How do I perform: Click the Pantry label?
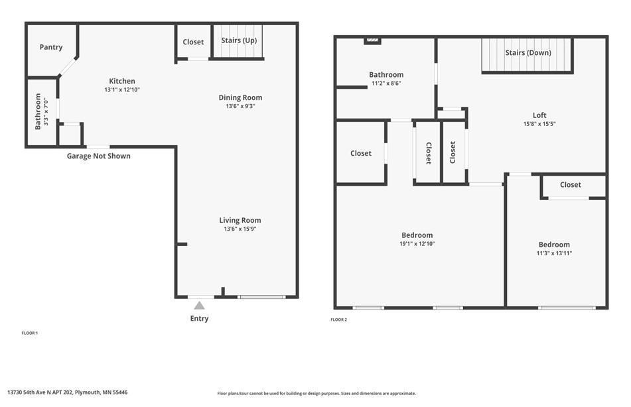(51, 47)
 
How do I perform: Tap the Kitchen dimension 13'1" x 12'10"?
(122, 89)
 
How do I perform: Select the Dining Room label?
(240, 97)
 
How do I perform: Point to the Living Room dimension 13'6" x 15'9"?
(240, 229)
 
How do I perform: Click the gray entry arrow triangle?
(199, 306)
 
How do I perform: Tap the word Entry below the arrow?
(199, 319)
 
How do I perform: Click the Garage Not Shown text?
(98, 156)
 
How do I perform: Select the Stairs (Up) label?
(239, 40)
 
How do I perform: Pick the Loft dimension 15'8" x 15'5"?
(539, 124)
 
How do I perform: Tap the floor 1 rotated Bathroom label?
(38, 111)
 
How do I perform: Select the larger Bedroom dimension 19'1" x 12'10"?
(417, 244)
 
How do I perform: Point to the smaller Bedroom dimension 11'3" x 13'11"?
(554, 253)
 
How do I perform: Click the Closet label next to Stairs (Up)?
(193, 42)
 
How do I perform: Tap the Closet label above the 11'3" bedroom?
(570, 185)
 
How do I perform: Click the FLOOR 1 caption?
(30, 333)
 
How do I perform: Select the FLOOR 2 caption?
(338, 320)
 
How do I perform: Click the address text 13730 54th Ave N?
(67, 392)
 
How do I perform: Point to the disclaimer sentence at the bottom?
(316, 393)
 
